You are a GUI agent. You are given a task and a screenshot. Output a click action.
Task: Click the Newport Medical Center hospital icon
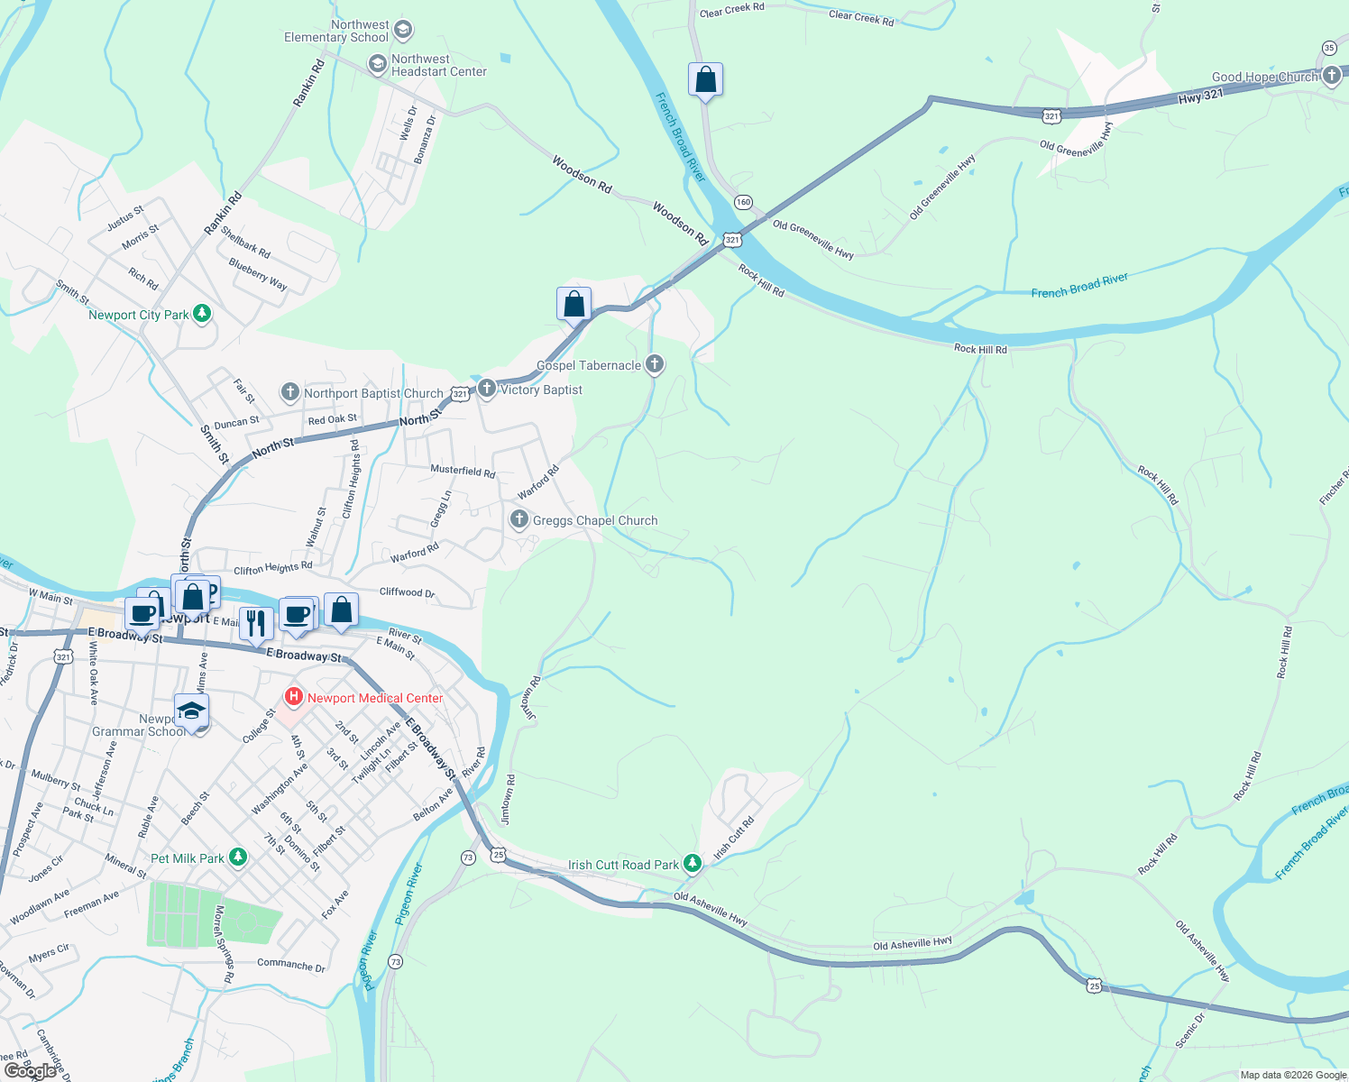tap(293, 697)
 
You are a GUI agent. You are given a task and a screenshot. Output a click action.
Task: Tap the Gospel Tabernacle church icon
tap(655, 364)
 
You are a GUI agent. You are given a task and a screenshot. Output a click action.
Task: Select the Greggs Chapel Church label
tap(595, 520)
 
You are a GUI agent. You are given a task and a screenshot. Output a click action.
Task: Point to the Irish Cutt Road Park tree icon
tap(692, 864)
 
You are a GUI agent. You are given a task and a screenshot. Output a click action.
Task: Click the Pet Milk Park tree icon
tap(237, 857)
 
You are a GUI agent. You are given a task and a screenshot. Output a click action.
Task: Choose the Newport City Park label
tap(139, 315)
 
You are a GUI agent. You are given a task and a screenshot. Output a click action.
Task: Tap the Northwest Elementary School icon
tap(403, 31)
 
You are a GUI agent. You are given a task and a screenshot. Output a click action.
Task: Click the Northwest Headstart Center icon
tap(378, 64)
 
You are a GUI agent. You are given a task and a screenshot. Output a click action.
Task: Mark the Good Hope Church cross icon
tap(1332, 76)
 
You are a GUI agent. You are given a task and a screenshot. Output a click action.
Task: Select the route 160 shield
tap(743, 202)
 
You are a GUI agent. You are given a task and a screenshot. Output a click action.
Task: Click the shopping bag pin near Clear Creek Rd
tap(705, 80)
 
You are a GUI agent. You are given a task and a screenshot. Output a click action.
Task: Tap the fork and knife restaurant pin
tap(256, 622)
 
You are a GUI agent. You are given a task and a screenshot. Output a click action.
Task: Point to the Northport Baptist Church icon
tap(289, 391)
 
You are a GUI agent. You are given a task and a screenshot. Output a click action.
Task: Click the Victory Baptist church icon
tap(486, 389)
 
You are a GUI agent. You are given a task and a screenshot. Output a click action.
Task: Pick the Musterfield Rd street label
tap(463, 470)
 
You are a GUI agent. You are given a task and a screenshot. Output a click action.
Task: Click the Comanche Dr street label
tap(291, 964)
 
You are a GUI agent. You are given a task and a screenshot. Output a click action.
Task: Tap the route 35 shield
tap(1329, 48)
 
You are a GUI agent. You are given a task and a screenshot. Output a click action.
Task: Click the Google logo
tap(30, 1071)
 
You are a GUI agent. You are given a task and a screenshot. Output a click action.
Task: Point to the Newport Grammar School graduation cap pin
tap(191, 711)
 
